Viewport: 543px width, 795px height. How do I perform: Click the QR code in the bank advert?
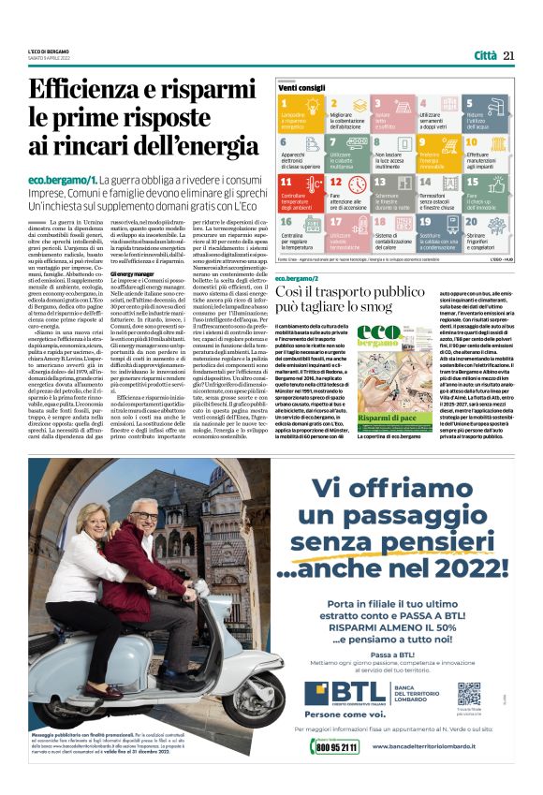(x=469, y=694)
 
